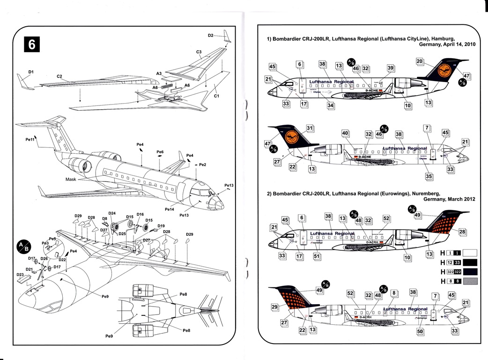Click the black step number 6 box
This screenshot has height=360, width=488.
(32, 44)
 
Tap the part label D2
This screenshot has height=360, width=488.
(210, 36)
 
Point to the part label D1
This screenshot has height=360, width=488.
(31, 72)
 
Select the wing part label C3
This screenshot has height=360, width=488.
(199, 52)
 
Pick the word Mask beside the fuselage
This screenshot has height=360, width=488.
(71, 179)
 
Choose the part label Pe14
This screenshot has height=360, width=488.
(170, 209)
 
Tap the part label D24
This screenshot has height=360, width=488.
(112, 213)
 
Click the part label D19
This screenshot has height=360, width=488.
(161, 226)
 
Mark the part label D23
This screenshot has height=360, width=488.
(20, 275)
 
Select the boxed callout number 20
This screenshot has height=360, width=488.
(420, 61)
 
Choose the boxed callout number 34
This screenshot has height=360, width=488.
(331, 105)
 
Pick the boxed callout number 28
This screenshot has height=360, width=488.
(462, 232)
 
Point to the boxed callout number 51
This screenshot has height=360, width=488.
(317, 256)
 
